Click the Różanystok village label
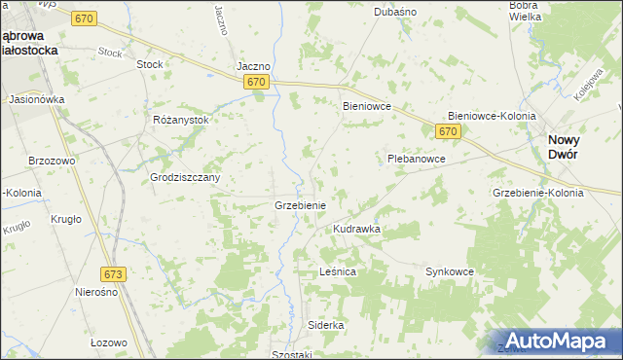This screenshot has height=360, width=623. pos(181,119)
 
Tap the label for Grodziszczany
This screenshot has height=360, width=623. pos(185,178)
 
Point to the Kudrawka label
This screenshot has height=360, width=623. pos(356,229)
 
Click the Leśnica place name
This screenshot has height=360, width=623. pos(338,272)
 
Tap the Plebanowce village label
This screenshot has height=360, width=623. pos(416,158)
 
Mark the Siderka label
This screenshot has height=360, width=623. pos(326,324)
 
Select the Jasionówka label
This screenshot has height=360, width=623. pos(36,99)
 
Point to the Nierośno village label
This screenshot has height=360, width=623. pos(96,292)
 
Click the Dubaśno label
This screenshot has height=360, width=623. pos(395,13)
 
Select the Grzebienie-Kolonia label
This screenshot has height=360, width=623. pos(538,193)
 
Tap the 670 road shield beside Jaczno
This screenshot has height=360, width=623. pos(256,83)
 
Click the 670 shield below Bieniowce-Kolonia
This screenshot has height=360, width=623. pos(447,130)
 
